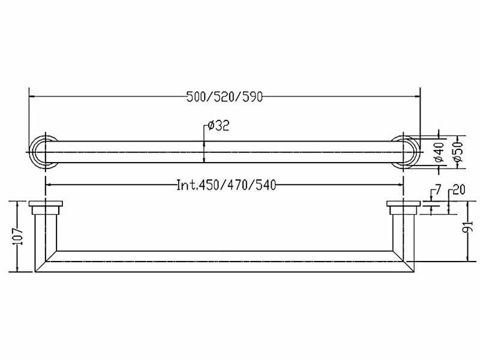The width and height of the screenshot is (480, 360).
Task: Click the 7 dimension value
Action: [x=438, y=191]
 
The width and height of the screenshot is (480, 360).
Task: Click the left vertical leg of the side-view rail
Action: [x=45, y=237]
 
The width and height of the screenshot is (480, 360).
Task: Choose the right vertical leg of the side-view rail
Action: [x=402, y=237]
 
